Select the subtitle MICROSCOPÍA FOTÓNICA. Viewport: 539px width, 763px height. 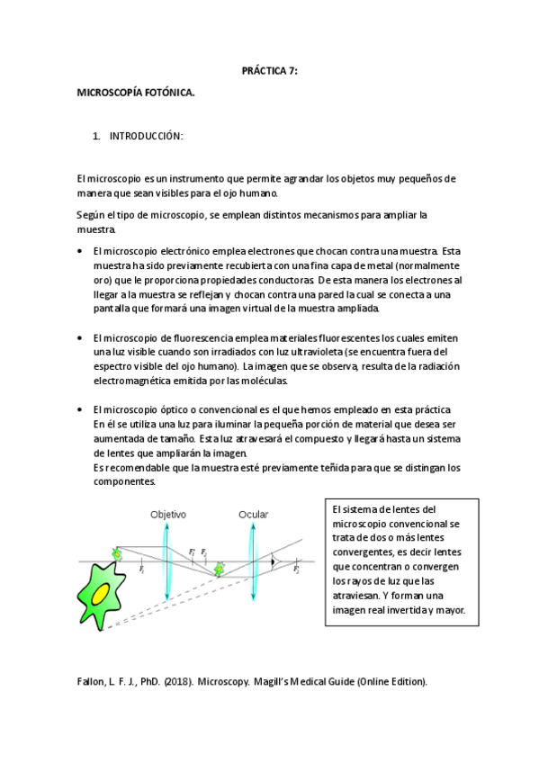tap(135, 93)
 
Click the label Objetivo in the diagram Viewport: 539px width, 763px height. tap(167, 515)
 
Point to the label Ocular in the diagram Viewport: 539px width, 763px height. tap(253, 515)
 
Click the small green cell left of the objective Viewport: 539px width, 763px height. tap(116, 552)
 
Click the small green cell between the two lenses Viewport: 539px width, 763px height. tap(220, 569)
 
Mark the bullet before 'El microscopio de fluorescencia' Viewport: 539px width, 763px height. tap(81, 337)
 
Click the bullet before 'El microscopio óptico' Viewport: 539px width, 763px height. tap(81, 409)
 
